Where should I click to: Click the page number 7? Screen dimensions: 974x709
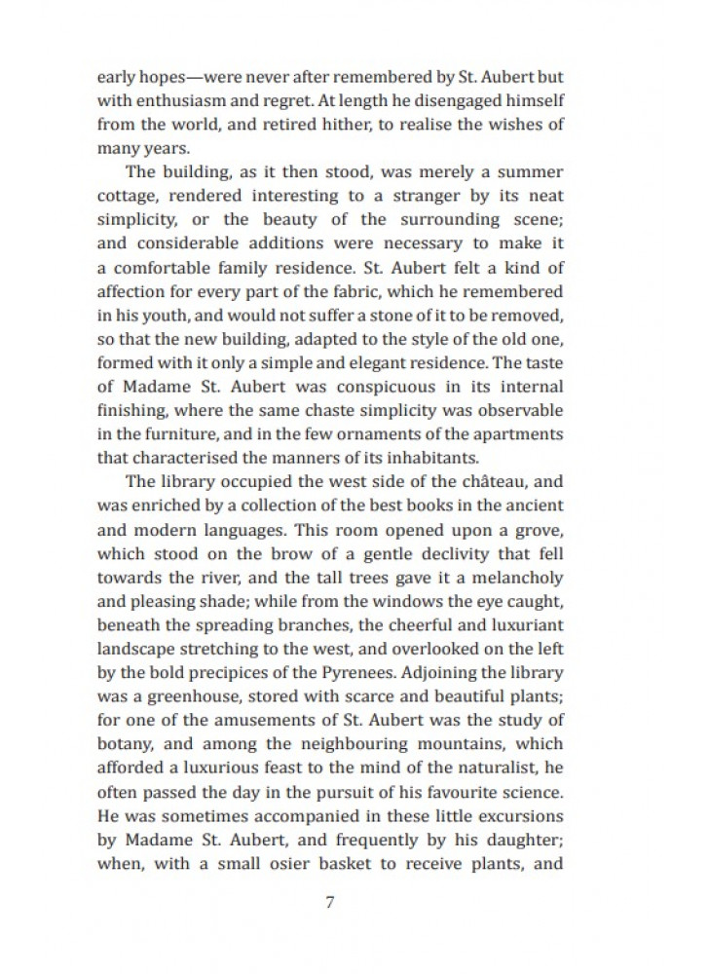tap(329, 901)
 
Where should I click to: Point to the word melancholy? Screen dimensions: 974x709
tap(506, 577)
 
